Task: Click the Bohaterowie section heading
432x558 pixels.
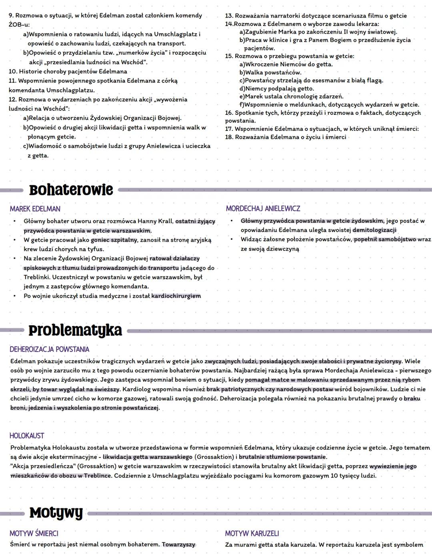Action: (71, 190)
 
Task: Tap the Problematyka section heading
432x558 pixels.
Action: (75, 331)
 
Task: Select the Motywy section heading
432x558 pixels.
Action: (56, 513)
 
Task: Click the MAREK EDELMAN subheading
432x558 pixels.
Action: (35, 209)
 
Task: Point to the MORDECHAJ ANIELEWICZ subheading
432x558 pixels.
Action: (263, 209)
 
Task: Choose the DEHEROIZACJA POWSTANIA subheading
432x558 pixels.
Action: (49, 349)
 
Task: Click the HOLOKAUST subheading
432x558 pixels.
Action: (27, 436)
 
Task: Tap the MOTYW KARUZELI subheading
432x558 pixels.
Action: (252, 534)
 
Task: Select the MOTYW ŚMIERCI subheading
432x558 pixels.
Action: (34, 534)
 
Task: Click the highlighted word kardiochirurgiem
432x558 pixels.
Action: (176, 296)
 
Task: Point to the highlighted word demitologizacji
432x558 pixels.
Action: (374, 230)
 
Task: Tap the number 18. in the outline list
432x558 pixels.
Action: (229, 137)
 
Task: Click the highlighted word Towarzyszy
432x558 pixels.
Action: (179, 545)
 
